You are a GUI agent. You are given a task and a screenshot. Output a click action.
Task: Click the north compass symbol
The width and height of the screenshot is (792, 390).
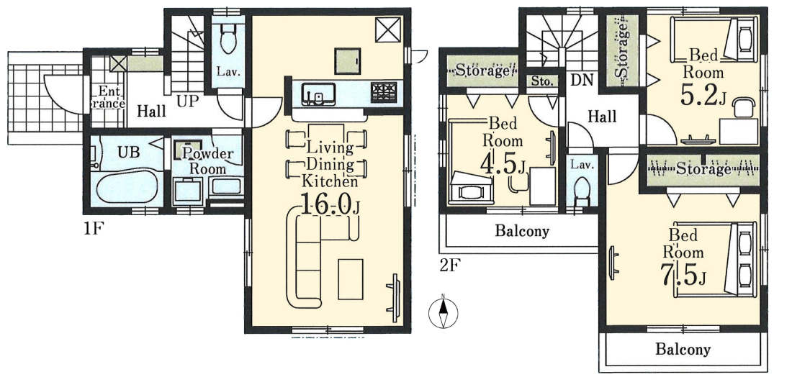tap(443, 313)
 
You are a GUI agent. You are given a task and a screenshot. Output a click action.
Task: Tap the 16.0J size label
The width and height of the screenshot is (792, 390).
tap(329, 205)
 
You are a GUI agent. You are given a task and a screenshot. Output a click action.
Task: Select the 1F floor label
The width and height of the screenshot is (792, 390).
tap(94, 230)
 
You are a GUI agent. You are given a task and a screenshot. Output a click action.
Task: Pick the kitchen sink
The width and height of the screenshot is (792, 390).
tap(318, 94)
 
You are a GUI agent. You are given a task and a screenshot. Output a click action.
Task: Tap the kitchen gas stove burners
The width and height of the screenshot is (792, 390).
tap(383, 93)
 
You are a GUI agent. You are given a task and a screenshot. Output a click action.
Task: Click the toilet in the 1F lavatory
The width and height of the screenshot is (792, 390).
tap(228, 39)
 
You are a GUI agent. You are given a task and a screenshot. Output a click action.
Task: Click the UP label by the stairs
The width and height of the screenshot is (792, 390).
tap(187, 101)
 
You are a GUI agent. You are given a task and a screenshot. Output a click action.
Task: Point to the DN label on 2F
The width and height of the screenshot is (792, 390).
tap(582, 80)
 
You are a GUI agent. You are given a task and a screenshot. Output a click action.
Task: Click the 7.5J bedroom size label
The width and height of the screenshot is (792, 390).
tap(683, 273)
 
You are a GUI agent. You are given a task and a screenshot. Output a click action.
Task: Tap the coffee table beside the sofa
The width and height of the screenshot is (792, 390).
tap(351, 279)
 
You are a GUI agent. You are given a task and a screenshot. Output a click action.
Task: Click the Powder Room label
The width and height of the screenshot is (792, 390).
tap(207, 160)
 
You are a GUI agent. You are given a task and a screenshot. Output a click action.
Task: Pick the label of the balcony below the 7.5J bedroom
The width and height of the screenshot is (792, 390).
tap(683, 349)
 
